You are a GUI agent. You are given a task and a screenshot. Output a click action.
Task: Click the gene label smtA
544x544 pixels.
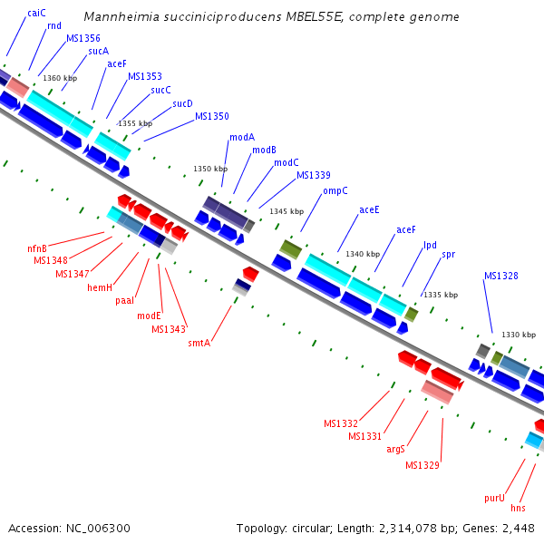coord(199,343)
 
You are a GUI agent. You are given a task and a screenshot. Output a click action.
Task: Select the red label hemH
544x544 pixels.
coord(100,287)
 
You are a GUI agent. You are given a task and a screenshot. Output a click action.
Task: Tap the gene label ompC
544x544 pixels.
coord(335,191)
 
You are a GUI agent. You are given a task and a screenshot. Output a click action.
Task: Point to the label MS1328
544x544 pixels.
coord(500,276)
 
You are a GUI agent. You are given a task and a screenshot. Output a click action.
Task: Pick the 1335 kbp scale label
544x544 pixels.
coord(441,295)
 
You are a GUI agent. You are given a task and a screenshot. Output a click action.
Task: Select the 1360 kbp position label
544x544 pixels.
coord(59,78)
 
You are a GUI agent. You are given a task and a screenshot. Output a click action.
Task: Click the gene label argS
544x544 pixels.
coord(395,449)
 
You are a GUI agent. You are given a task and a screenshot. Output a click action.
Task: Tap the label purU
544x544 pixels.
coord(494,498)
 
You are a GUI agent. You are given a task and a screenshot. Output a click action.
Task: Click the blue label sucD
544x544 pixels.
coord(182,103)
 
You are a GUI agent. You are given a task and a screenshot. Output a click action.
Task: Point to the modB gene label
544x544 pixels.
coord(264,150)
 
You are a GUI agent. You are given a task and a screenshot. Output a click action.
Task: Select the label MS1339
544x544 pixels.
coord(314,175)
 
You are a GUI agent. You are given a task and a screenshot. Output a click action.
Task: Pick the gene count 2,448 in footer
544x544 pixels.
coord(516,528)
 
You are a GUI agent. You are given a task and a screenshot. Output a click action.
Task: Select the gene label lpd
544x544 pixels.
coord(430,245)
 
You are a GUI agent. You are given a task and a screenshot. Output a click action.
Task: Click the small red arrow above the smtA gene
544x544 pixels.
coord(251,272)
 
